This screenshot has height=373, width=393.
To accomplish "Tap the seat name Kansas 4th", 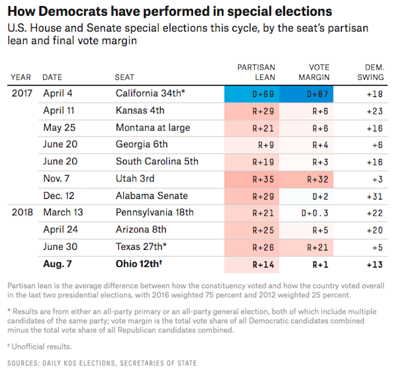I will tap(139, 111).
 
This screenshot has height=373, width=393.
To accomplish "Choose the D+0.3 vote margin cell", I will tap(316, 213).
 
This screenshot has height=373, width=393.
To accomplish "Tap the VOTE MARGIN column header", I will tap(315, 72).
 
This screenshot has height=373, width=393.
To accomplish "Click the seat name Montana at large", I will tap(152, 128).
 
